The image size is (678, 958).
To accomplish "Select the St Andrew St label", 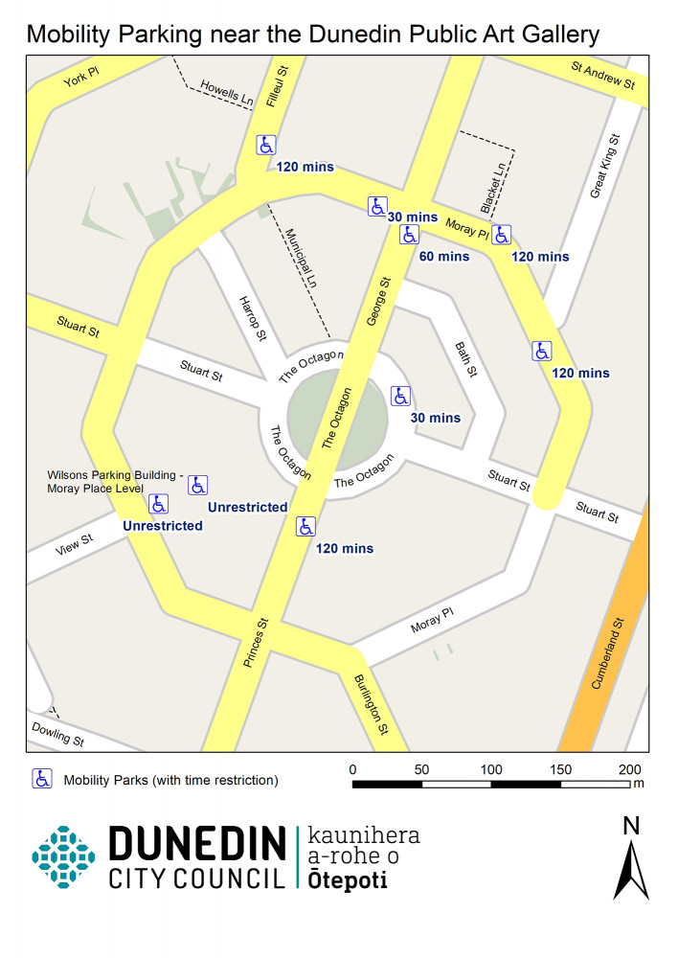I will coord(603,77).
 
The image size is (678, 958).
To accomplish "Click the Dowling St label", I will coord(57,737).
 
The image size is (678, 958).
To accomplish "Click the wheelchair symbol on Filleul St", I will coord(266,145).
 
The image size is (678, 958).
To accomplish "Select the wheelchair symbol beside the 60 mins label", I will coord(409,234).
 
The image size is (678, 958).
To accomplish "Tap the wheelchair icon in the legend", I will coord(42,779).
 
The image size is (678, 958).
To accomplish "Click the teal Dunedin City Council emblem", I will coord(63,855).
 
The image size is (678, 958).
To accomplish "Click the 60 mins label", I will coord(444,256).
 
